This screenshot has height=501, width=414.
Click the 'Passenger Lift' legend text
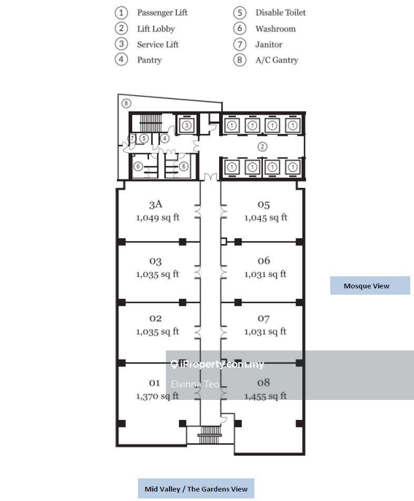coord(162,13)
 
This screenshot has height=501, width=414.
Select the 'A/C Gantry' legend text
coord(277,60)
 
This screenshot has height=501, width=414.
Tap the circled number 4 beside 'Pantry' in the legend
coord(122,59)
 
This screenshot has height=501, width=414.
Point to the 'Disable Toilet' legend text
coord(280,13)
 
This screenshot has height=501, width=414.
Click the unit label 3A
coord(155,204)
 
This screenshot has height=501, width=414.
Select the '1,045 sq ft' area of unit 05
coord(265,217)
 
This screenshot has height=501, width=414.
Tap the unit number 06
coord(264,260)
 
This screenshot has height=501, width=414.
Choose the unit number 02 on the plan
coord(155,318)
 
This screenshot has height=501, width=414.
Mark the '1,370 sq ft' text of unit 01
coord(157,396)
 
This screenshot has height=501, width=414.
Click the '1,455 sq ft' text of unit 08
coord(265,396)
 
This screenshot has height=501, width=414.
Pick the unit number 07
coord(264,318)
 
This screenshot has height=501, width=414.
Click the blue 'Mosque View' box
coord(370,286)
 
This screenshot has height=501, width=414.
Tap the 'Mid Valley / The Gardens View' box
coord(196,489)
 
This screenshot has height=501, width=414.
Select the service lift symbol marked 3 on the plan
coord(186,125)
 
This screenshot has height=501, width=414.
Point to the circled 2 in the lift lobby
coord(262,147)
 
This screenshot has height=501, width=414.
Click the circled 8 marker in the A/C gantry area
coord(126,103)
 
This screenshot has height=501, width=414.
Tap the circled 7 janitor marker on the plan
coord(133,138)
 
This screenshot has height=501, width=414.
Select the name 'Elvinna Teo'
coord(195,384)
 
